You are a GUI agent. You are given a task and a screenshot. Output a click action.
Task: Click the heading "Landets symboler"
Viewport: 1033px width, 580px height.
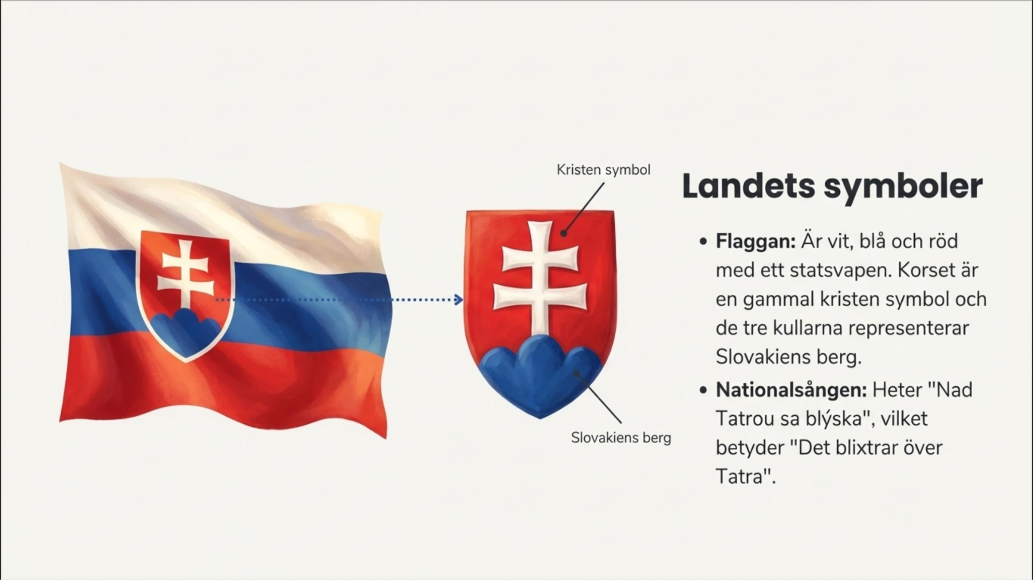click(832, 186)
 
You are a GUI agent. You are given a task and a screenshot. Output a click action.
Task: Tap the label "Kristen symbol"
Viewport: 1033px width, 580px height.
click(604, 170)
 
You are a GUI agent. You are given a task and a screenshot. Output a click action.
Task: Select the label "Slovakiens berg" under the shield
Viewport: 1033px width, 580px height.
click(621, 438)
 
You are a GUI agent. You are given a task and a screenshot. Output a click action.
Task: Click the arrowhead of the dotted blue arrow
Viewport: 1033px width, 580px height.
click(459, 300)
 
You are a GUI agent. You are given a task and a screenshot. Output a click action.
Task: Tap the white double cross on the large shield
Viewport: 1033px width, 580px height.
click(540, 277)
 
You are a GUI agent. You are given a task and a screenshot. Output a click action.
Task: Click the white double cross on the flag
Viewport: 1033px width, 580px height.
click(185, 273)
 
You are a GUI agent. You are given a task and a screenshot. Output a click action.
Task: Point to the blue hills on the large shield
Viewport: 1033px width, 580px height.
click(540, 375)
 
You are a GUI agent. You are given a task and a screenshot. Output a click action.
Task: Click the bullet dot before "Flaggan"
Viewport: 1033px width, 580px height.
click(704, 242)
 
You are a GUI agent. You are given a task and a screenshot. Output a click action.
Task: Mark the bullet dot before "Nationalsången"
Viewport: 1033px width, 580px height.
click(704, 390)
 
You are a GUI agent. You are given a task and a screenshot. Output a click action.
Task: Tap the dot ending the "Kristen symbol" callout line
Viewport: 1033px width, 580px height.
click(564, 233)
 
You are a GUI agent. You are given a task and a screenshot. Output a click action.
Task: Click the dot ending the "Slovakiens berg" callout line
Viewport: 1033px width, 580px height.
click(576, 373)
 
